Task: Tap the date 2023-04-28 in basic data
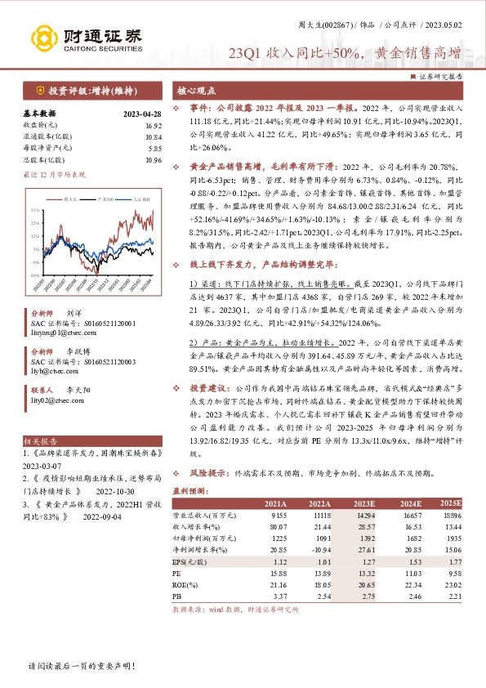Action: pos(142,114)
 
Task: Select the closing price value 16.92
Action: pos(152,125)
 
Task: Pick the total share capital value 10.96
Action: pos(152,159)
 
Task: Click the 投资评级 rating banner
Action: pos(79,92)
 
